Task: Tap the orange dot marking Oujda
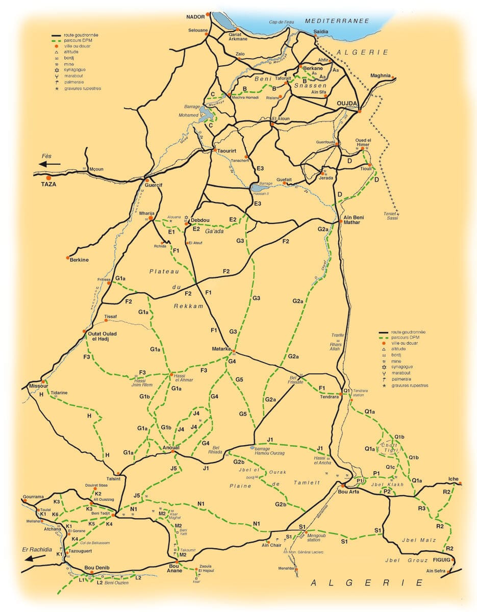tap(360, 111)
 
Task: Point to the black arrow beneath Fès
tap(49, 164)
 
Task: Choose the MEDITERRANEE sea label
tap(336, 21)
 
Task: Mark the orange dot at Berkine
tap(68, 258)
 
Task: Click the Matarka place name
tap(222, 349)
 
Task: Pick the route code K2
tap(98, 494)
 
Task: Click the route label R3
tap(422, 509)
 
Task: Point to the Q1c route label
tap(390, 467)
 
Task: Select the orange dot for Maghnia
tap(394, 78)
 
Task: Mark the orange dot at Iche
tap(460, 483)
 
